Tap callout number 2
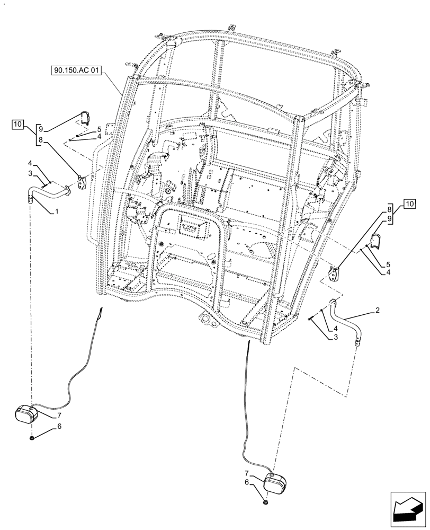click(377, 311)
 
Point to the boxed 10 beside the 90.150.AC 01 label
click(17, 125)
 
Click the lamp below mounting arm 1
click(26, 414)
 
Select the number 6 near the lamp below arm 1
click(59, 426)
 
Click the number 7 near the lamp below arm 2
click(246, 472)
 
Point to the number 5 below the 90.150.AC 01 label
click(98, 129)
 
